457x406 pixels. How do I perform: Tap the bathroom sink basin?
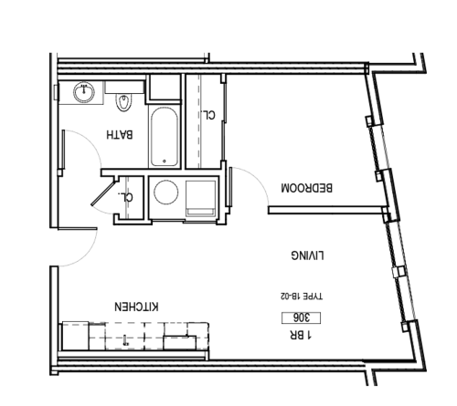pos(83,91)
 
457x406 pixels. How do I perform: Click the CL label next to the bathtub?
pos(209,115)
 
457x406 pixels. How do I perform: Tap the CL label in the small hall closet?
pos(129,195)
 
